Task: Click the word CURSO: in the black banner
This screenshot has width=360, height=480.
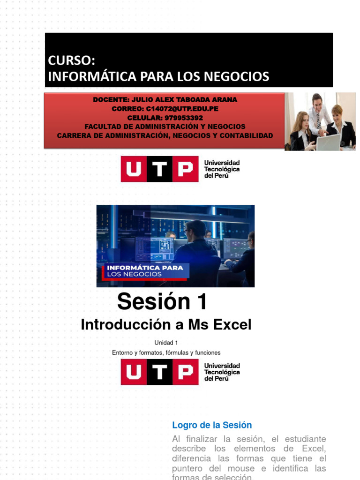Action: [x=71, y=60]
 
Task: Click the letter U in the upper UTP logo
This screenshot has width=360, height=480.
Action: [x=133, y=169]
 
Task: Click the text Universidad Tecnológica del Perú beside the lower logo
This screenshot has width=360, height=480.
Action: [x=222, y=372]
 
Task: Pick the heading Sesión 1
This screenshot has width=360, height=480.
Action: [x=162, y=301]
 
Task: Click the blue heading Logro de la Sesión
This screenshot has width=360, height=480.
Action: [x=212, y=425]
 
